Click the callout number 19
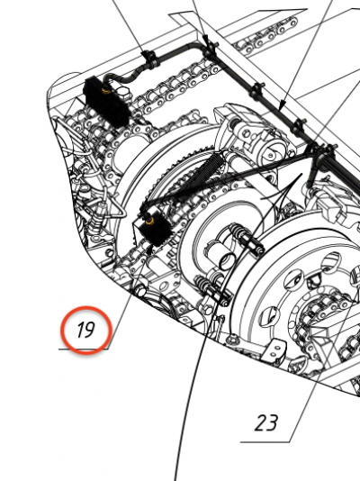pyautogui.click(x=85, y=330)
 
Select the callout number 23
pyautogui.click(x=266, y=423)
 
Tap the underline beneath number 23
pyautogui.click(x=265, y=442)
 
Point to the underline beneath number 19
pyautogui.click(x=84, y=349)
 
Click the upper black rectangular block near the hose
pyautogui.click(x=106, y=103)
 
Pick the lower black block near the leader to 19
pyautogui.click(x=154, y=228)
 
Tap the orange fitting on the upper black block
pyautogui.click(x=106, y=89)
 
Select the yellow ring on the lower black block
pyautogui.click(x=149, y=221)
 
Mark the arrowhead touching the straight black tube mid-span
pyautogui.click(x=283, y=105)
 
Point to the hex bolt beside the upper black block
pyautogui.click(x=123, y=92)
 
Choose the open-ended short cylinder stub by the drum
pyautogui.click(x=226, y=261)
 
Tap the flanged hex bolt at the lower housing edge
pyautogui.click(x=231, y=340)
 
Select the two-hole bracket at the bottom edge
pyautogui.click(x=275, y=351)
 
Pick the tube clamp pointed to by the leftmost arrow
pyautogui.click(x=150, y=60)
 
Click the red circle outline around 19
pyautogui.click(x=85, y=330)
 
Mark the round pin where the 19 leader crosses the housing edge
pyautogui.click(x=140, y=290)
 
